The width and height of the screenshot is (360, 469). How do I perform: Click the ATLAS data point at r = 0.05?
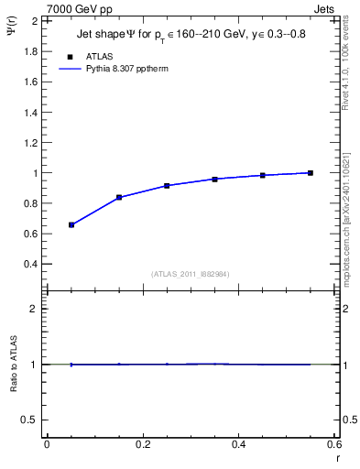coord(71,224)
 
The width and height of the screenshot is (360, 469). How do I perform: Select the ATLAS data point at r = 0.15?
coord(119,197)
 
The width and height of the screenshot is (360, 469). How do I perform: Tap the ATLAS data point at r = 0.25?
coord(167,185)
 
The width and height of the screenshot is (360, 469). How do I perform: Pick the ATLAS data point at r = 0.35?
coord(215,179)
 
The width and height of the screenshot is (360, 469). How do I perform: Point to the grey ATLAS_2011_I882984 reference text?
coord(191,273)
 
